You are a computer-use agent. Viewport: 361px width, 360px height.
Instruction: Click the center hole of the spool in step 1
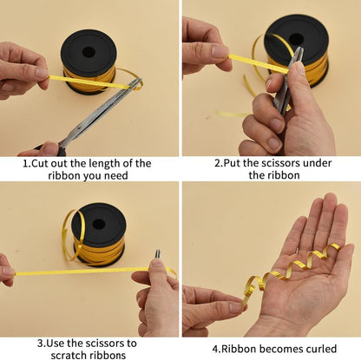tap(89, 52)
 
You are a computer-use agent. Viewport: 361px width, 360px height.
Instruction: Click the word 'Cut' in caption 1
tap(40, 164)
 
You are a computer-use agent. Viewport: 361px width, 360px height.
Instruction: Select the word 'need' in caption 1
tap(116, 176)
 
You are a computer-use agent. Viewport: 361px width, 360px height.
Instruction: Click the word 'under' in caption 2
tap(317, 163)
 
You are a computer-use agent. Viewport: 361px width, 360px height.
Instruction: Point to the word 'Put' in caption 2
tap(232, 163)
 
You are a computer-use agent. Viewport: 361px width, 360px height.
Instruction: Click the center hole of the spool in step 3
tap(99, 224)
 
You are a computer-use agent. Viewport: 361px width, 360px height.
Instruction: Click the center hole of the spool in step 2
tap(296, 39)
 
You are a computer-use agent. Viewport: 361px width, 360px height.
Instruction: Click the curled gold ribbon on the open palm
tap(292, 272)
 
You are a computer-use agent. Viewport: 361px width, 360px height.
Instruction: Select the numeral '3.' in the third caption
tap(42, 344)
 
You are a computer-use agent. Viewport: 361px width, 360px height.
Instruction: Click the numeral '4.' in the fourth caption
tap(217, 349)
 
